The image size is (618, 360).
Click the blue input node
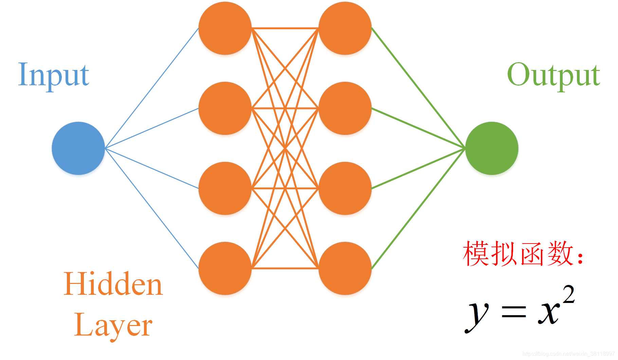coord(78,148)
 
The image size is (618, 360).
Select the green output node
coord(491,148)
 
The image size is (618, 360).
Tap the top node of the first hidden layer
coord(225,28)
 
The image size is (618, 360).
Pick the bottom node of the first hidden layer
coord(225,268)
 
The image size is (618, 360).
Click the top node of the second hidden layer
coord(345,28)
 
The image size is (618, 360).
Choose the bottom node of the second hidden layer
coord(345,268)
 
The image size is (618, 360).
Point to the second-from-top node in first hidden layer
coord(225,108)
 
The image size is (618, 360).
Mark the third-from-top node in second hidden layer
coord(345,188)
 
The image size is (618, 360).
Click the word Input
coord(53,75)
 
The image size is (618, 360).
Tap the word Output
coord(553,75)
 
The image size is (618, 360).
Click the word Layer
coord(113,325)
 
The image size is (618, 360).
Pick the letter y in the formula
coord(477,314)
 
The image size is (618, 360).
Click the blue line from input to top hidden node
coord(152,88)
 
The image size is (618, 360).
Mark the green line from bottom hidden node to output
coord(418,209)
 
